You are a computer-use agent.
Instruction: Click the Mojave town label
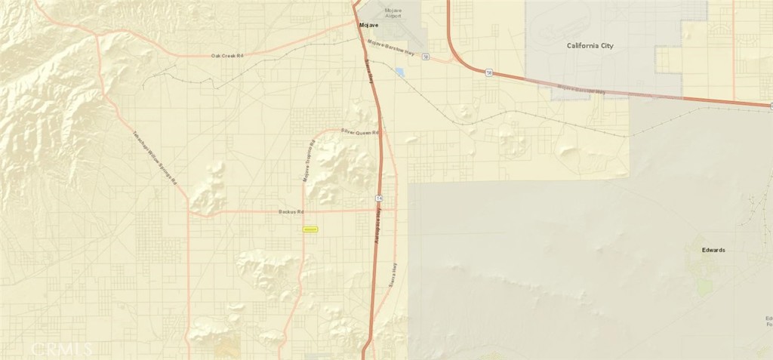pyautogui.click(x=368, y=25)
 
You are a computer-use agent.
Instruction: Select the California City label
pyautogui.click(x=590, y=46)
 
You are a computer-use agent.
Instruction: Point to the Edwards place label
pyautogui.click(x=713, y=250)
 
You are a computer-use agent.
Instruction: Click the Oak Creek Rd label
pyautogui.click(x=227, y=56)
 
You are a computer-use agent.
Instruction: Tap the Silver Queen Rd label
pyautogui.click(x=360, y=132)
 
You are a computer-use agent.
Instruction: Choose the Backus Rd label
pyautogui.click(x=290, y=212)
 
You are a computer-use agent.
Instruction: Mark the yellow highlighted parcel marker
pyautogui.click(x=310, y=229)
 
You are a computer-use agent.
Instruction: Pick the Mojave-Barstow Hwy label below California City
pyautogui.click(x=581, y=91)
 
